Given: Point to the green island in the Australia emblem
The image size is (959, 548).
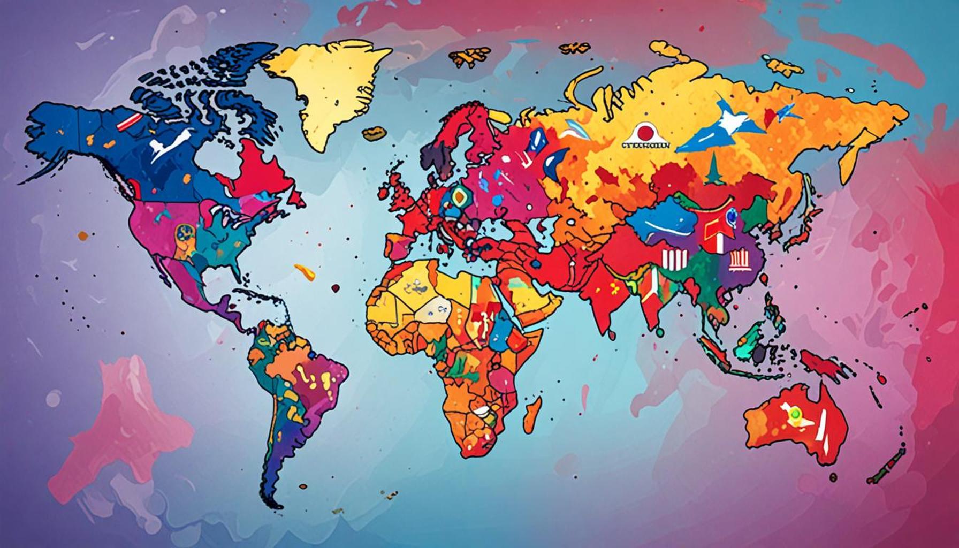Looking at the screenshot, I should click(x=794, y=413).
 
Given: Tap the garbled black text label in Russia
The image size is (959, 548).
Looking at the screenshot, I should click(x=645, y=145).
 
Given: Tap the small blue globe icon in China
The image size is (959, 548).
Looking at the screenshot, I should click(x=730, y=216).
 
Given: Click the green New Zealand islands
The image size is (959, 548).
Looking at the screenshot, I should click(x=883, y=466).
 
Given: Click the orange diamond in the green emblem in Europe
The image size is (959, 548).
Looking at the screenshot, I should click(x=459, y=197).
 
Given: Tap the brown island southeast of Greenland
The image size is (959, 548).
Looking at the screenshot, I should click(x=374, y=132).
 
